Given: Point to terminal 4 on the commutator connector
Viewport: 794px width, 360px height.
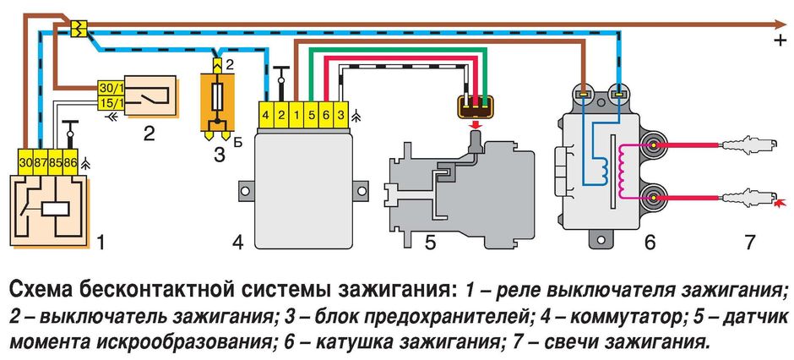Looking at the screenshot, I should click(266, 113).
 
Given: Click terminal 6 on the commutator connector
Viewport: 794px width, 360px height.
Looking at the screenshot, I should click(325, 113).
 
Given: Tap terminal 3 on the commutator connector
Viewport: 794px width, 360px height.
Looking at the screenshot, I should click(340, 113).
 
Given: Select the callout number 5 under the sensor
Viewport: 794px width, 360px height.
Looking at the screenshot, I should click(429, 243).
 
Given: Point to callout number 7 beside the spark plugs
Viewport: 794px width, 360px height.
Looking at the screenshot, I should click(749, 243).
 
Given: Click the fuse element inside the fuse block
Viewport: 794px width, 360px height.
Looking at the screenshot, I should click(217, 95).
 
